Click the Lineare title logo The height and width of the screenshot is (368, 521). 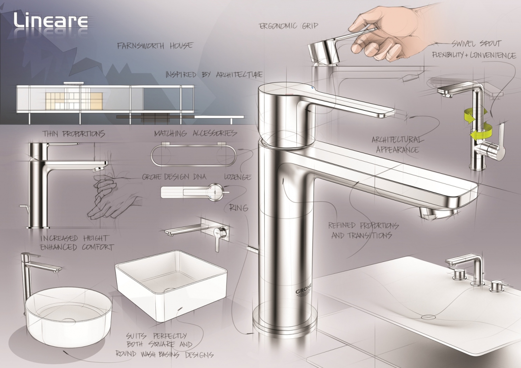(x=51, y=20)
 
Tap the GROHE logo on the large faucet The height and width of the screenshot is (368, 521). (x=304, y=289)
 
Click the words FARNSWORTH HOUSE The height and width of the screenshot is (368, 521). (x=155, y=45)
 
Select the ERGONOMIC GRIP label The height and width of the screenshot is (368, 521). (x=288, y=26)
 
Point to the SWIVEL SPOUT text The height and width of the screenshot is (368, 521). (x=476, y=44)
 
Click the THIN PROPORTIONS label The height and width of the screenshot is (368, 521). (x=73, y=134)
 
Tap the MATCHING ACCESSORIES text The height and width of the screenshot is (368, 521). (x=195, y=133)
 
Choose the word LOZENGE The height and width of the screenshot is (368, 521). (x=237, y=177)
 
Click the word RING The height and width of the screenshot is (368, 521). (x=239, y=208)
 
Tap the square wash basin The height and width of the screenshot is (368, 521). (x=171, y=285)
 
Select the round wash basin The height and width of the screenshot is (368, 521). (x=69, y=316)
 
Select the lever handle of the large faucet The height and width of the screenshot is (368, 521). (x=346, y=106)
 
